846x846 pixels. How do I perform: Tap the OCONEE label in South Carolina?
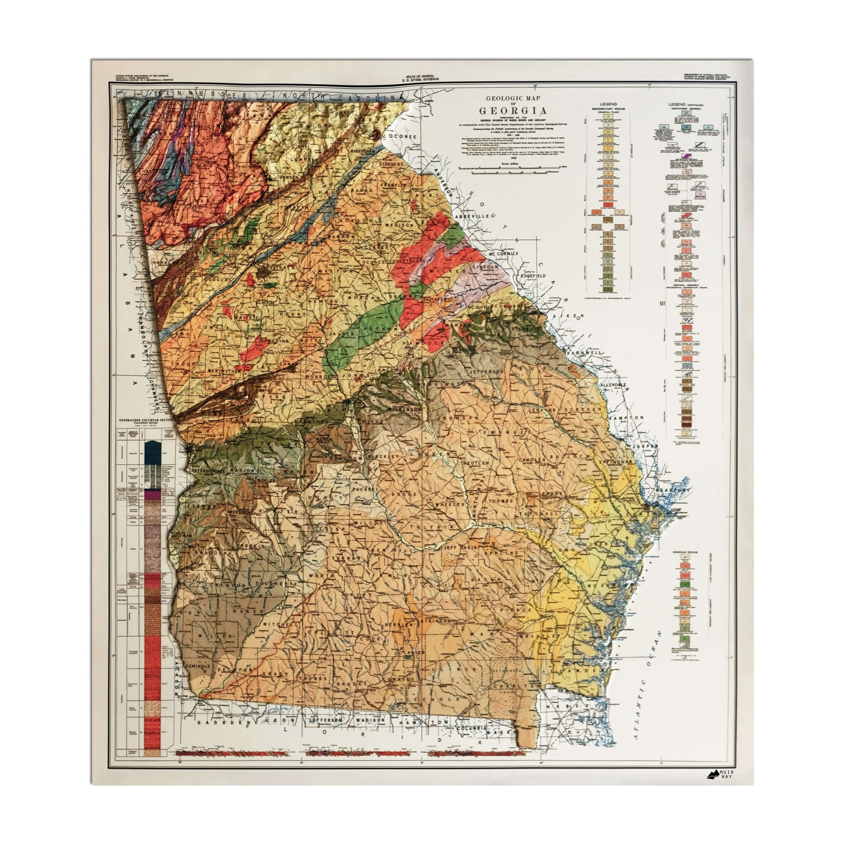[403, 137]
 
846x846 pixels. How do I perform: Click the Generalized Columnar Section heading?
[145, 421]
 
